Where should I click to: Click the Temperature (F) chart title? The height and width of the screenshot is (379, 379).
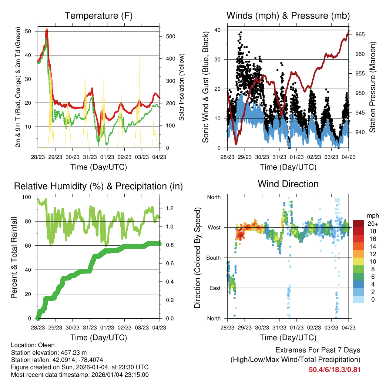click(98, 16)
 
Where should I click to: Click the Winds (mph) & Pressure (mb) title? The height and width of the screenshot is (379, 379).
click(288, 16)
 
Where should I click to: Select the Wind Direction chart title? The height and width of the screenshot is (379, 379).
click(288, 184)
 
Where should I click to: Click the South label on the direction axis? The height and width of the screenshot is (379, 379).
click(214, 258)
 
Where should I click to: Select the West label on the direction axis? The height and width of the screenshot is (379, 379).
click(214, 227)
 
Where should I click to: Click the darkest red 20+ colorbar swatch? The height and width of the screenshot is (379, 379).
click(358, 224)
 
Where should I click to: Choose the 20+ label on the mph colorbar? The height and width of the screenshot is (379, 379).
click(372, 224)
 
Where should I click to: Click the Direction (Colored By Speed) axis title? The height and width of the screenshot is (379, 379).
click(197, 258)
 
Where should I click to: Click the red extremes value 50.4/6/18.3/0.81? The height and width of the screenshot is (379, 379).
click(335, 369)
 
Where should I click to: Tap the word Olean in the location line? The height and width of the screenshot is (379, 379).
click(46, 345)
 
